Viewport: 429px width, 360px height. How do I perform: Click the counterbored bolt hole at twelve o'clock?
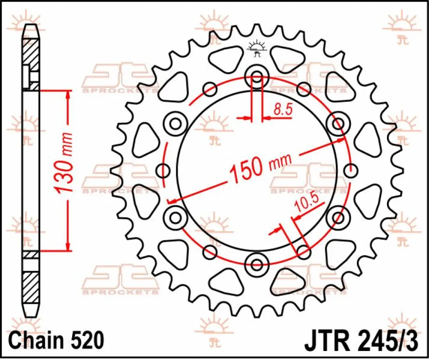pos(256,77)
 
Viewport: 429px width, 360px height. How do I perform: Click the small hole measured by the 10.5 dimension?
pos(303,251)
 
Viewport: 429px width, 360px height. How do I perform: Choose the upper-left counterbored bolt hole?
pos(175,124)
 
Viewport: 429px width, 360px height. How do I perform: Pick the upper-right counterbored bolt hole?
pos(338,124)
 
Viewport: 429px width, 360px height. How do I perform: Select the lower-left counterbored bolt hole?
pos(175,217)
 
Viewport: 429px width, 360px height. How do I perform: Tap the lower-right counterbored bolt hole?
pos(338,217)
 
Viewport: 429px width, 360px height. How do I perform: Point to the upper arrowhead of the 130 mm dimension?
pos(68,94)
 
